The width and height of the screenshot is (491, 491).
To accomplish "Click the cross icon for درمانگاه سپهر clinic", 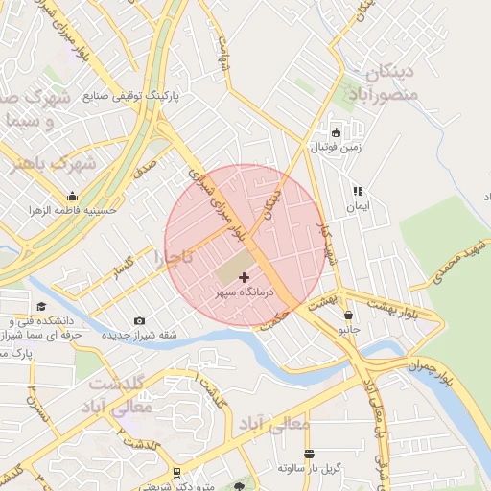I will [x=244, y=276].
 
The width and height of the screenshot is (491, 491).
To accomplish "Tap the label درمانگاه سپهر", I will [x=244, y=291].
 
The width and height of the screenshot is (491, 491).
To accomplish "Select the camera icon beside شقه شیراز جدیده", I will [x=140, y=320].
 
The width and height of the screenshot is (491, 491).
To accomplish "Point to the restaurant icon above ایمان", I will [x=358, y=191].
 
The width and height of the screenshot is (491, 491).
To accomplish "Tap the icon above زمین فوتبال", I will [x=335, y=133].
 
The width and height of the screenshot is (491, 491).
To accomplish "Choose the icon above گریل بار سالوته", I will [x=309, y=454].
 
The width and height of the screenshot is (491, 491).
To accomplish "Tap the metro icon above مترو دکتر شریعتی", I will [x=177, y=473].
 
